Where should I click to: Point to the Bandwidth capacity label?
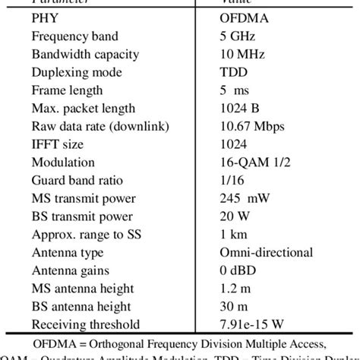pos(82,55)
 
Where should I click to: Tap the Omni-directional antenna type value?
pos(264,252)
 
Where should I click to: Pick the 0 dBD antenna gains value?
pos(236,270)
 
